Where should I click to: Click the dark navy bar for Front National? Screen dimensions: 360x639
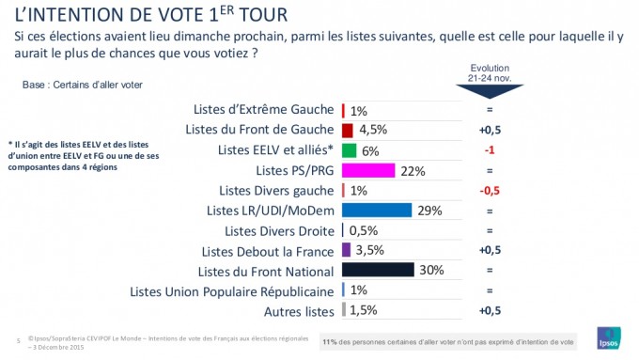tap(379, 270)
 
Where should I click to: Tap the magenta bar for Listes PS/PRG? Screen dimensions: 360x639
tap(368, 170)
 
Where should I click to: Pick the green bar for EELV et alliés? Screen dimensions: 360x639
tap(349, 150)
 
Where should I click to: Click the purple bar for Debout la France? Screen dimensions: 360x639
tap(347, 250)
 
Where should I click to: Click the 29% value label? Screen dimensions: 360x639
tap(429, 210)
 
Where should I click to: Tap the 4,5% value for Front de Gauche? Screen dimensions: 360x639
tap(373, 130)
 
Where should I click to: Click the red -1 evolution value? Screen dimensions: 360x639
tap(490, 150)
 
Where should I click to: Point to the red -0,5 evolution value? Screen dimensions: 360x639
tap(490, 190)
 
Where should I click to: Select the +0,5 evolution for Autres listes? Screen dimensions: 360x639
tap(490, 310)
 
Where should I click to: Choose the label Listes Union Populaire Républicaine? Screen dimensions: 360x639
tap(232, 290)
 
